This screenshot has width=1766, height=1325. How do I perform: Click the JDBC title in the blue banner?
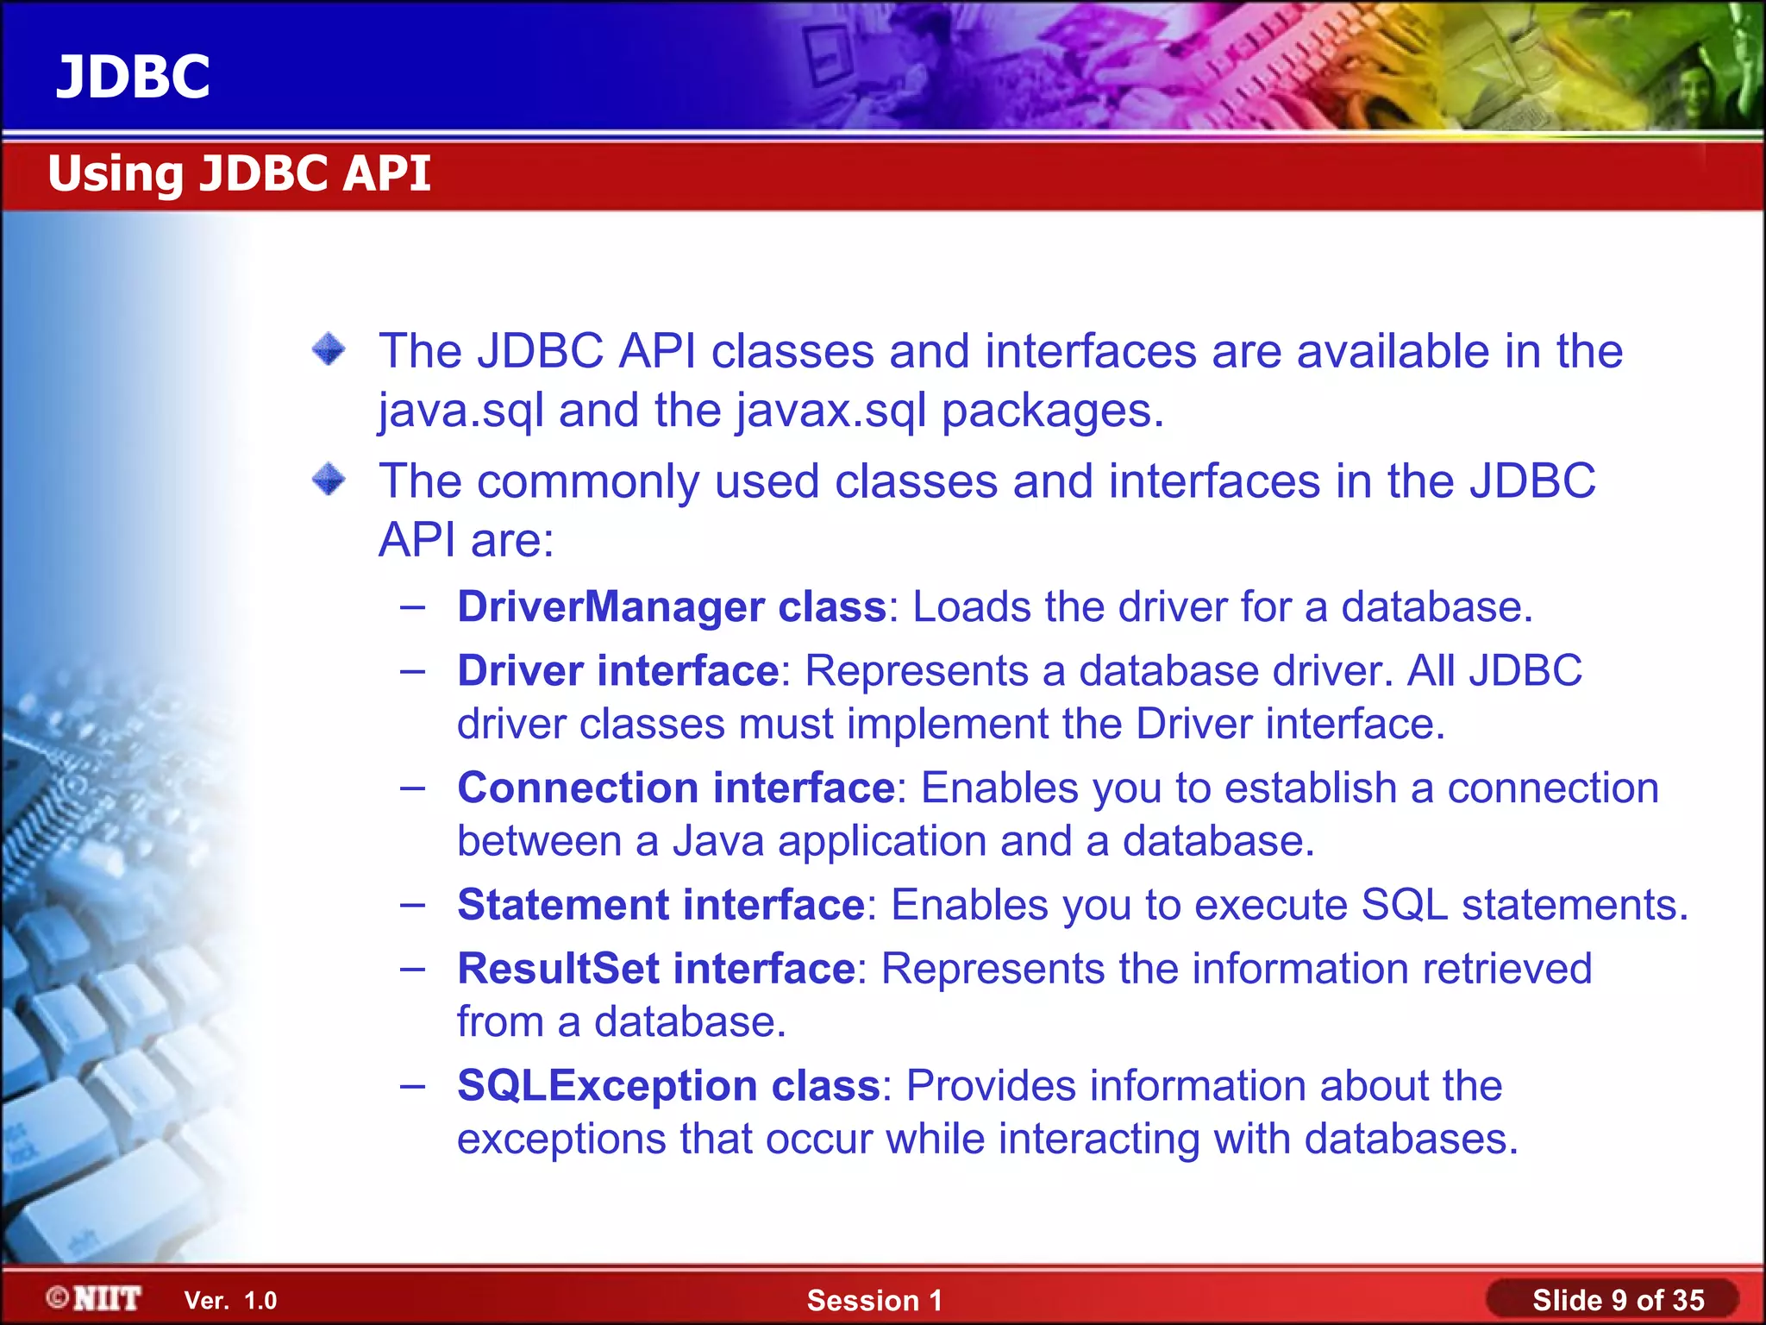[x=133, y=77]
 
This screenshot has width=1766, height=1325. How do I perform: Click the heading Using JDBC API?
[x=239, y=173]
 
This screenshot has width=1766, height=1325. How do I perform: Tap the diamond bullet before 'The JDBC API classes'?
[x=329, y=349]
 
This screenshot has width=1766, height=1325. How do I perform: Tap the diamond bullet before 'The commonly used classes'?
[x=329, y=480]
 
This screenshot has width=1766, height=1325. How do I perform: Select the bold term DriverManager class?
[x=671, y=606]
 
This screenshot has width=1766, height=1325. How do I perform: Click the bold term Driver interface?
[x=617, y=671]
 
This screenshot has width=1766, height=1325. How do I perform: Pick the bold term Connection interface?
[x=676, y=788]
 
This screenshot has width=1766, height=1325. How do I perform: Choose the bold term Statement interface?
[x=661, y=905]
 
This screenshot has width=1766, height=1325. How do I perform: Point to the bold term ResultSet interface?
[x=655, y=969]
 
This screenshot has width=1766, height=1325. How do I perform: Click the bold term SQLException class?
[x=667, y=1085]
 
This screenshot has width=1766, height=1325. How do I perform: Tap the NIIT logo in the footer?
[x=95, y=1298]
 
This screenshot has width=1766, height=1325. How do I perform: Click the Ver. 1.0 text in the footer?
[x=230, y=1301]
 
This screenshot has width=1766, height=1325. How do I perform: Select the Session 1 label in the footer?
[x=874, y=1301]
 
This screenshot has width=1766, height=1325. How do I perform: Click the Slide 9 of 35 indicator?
[x=1618, y=1300]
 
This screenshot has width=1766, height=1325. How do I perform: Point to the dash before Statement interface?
[x=413, y=904]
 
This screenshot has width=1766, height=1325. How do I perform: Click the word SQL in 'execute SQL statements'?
[x=1404, y=905]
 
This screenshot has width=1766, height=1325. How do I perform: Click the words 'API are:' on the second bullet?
[x=466, y=541]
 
